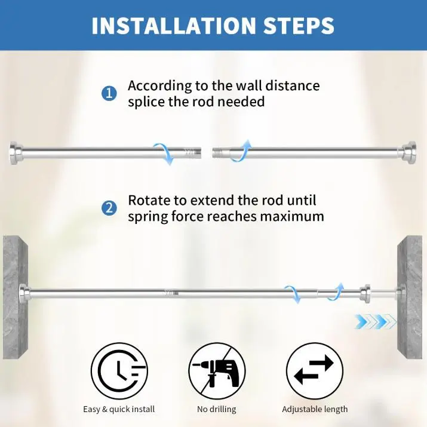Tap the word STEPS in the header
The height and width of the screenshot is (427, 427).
coord(299,26)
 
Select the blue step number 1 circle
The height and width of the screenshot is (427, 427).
coord(109,94)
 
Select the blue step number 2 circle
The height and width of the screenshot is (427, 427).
coord(109,208)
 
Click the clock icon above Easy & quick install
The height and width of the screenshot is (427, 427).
coord(119,371)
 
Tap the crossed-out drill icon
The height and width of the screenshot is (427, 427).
coord(217,371)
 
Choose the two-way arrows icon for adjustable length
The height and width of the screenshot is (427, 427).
coord(315,371)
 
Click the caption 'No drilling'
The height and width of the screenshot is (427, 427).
coord(217,409)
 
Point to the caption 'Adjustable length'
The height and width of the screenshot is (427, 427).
coord(315,409)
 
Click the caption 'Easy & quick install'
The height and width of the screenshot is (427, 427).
coord(119,409)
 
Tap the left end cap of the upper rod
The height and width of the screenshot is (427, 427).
coord(16,153)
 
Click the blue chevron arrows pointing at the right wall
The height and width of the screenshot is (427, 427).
coord(375,321)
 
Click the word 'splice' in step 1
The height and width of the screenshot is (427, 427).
coord(146,102)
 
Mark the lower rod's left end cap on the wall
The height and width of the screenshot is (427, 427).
coord(24,293)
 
